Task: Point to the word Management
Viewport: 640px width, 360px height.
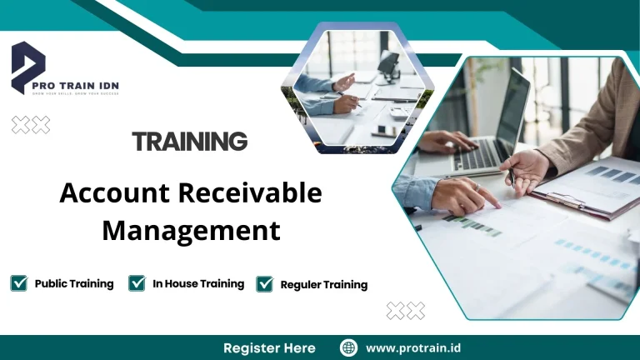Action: (x=191, y=230)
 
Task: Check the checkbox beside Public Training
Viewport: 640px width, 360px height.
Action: (x=18, y=283)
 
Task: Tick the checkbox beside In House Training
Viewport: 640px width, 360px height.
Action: (x=137, y=283)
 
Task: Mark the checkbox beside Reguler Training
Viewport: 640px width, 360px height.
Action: (x=265, y=284)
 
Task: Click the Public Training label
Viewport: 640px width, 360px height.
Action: (x=74, y=283)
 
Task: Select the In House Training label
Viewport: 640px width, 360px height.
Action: (x=198, y=283)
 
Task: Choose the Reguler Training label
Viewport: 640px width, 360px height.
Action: (x=324, y=284)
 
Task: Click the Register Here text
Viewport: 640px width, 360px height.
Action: (x=269, y=347)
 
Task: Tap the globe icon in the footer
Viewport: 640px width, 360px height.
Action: (x=349, y=347)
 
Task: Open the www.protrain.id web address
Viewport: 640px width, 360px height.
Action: (x=414, y=347)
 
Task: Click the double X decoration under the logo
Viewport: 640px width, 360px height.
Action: (x=31, y=125)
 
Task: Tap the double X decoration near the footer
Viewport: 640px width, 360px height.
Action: (x=406, y=311)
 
